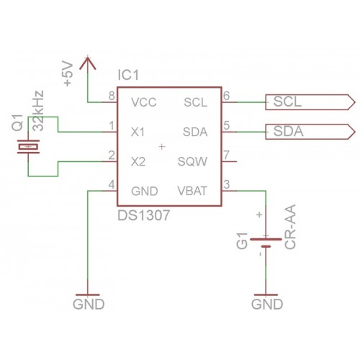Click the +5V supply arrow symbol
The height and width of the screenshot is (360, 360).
coord(88,64)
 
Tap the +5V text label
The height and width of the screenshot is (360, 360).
coord(68,73)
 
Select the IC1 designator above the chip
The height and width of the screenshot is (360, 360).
coord(128,75)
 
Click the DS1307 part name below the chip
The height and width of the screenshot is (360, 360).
coord(144,215)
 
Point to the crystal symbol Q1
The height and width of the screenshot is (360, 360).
coord(28,146)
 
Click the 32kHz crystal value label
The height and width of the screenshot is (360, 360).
coord(38,111)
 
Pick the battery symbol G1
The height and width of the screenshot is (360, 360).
coord(266,243)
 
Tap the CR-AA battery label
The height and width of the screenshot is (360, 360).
coord(290,227)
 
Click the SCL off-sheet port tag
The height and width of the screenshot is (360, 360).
coord(310,102)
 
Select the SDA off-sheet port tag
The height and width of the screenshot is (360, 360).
coord(310,132)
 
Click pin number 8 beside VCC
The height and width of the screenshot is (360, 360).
coord(112,96)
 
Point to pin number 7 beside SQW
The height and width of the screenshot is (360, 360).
coord(226,155)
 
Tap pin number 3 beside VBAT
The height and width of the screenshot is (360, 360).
coord(226,184)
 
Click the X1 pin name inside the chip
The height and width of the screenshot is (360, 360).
coord(138,132)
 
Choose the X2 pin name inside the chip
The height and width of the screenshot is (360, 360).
coord(138,162)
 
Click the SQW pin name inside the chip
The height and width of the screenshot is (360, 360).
coord(192,162)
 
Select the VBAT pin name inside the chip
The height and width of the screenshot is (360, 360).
coord(192,192)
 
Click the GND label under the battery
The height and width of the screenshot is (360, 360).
coord(267,305)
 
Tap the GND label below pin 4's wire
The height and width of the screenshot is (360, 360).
coord(89,305)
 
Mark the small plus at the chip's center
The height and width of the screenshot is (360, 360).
coord(162,146)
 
